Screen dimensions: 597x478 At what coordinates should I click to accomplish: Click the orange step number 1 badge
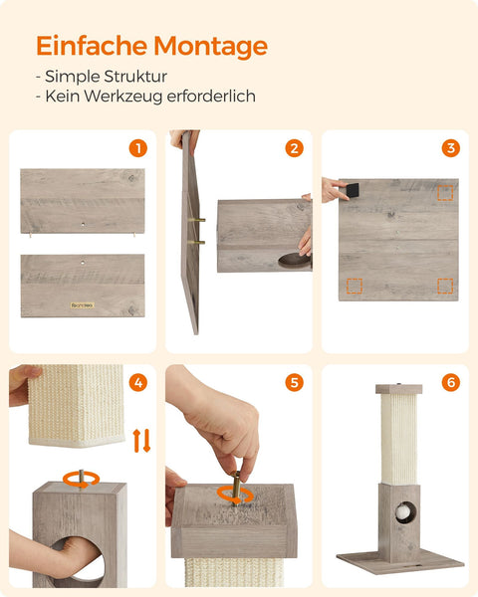(137, 148)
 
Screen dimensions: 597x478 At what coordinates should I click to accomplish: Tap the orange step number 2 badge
(294, 148)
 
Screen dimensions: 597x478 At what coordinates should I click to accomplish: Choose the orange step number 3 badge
(450, 148)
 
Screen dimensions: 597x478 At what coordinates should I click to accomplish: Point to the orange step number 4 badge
(137, 382)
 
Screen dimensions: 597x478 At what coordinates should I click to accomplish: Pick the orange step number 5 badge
(294, 382)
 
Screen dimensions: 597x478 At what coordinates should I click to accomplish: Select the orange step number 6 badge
(450, 382)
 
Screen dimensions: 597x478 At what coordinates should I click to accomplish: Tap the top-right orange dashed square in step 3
(444, 192)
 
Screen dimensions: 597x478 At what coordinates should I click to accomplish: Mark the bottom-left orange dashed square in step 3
(355, 286)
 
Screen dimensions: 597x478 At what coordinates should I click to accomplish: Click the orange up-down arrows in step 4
(141, 440)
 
